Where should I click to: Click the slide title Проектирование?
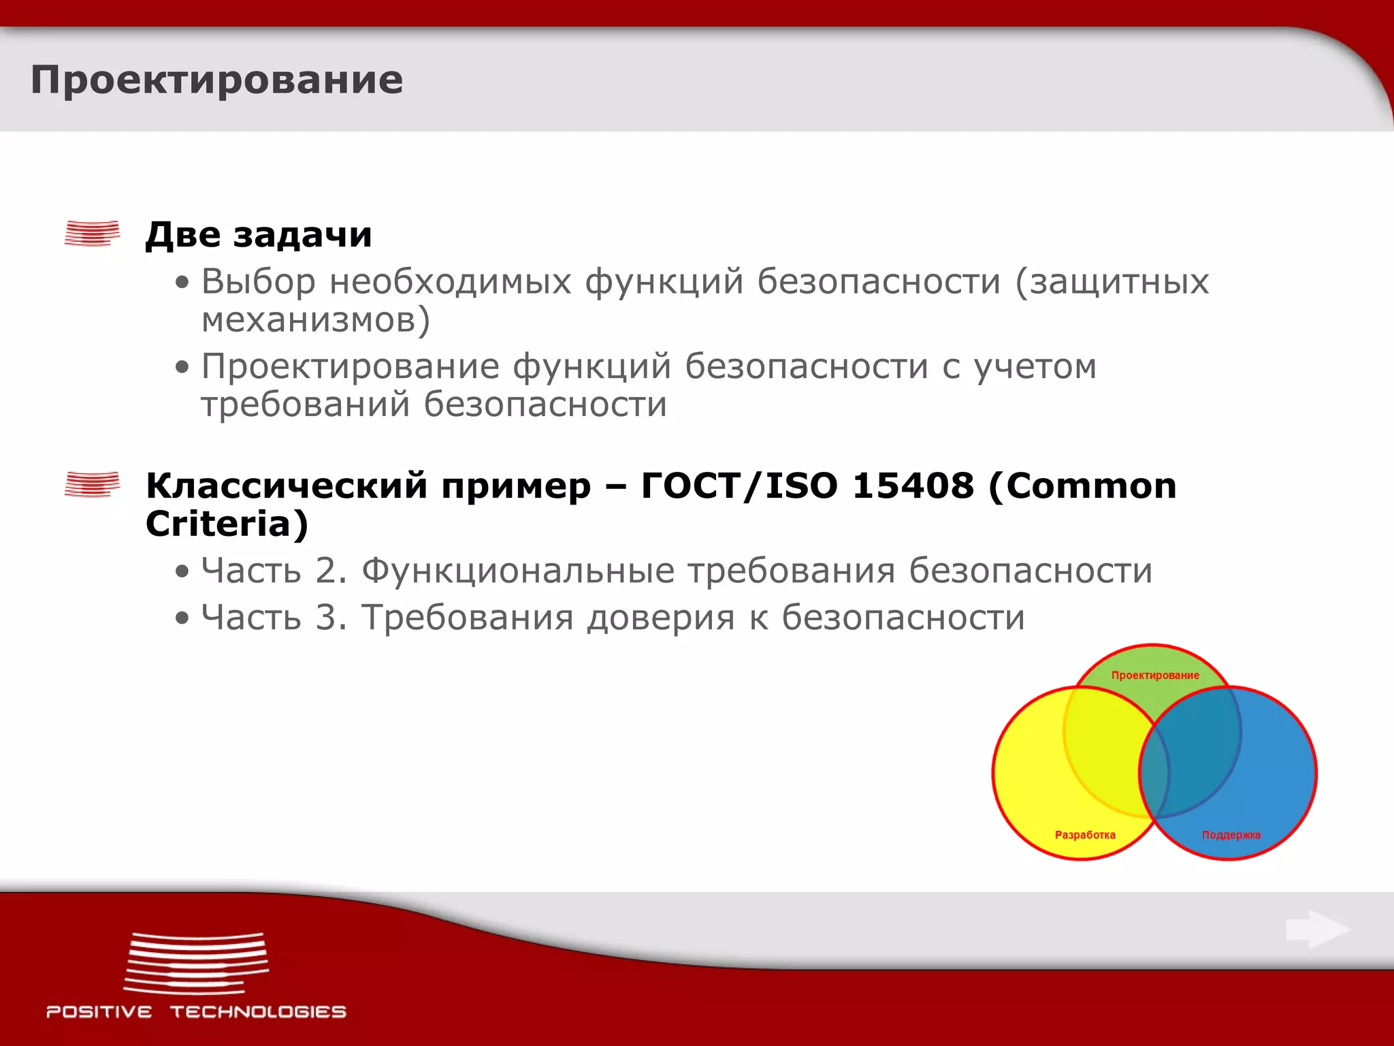(216, 80)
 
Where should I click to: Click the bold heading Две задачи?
(259, 235)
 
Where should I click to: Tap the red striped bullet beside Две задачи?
(92, 233)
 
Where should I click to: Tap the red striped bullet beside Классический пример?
(92, 484)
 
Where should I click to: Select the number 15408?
(913, 486)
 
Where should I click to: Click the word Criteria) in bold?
(227, 524)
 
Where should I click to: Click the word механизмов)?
(316, 320)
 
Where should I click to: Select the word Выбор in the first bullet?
(258, 282)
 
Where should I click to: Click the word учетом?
(1035, 367)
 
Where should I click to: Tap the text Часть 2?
(274, 571)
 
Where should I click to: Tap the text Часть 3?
(274, 618)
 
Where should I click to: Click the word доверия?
(660, 618)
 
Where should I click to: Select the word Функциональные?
(518, 571)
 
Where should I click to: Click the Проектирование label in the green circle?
(1155, 676)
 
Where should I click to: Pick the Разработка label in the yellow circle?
(1085, 835)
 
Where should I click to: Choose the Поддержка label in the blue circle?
(1231, 835)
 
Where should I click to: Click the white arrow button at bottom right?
(1317, 930)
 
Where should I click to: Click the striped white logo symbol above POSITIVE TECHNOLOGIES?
(197, 964)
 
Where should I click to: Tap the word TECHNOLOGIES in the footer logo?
(258, 1012)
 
